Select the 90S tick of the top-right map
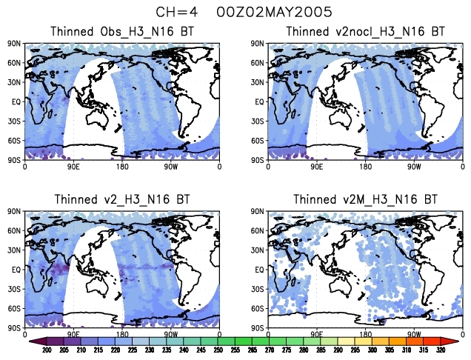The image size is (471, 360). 258,159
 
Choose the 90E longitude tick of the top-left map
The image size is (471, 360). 73,167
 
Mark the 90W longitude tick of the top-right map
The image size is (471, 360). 413,167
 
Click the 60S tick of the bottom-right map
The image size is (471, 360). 258,308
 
